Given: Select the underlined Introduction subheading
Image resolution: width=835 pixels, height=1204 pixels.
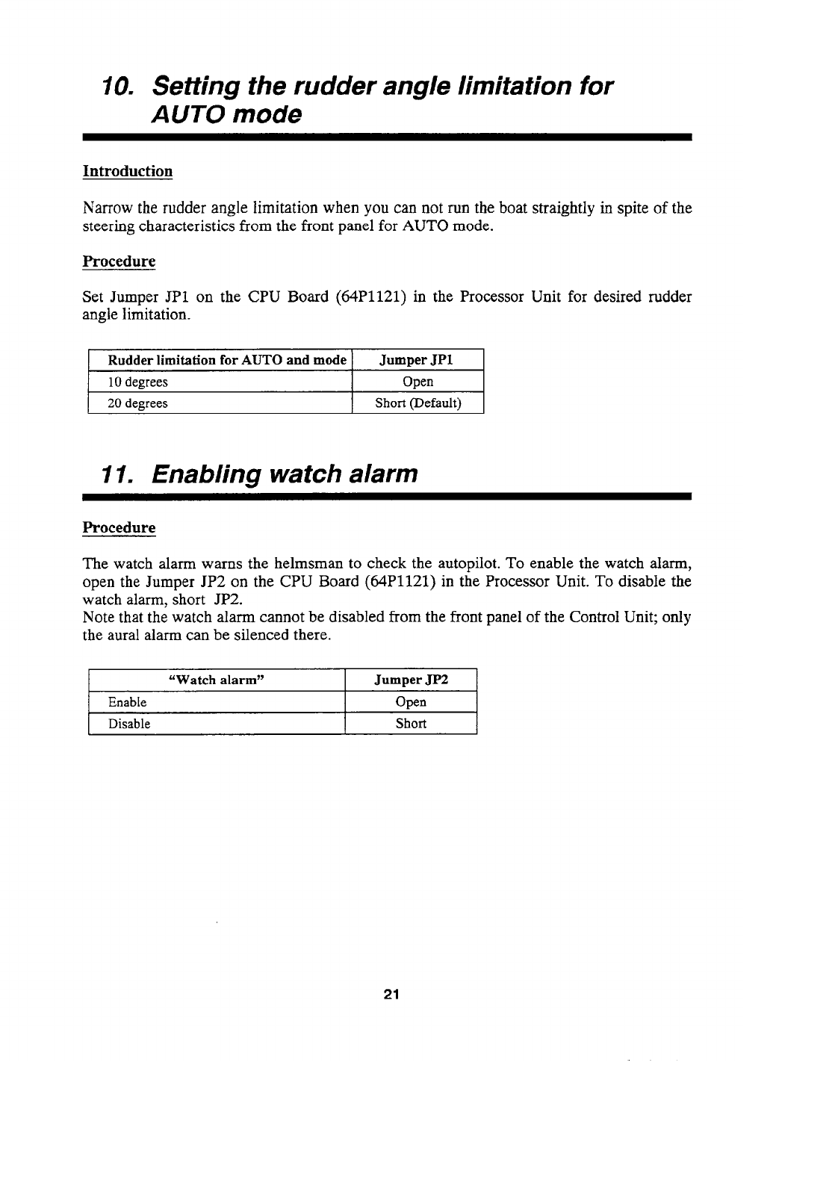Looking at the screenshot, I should pyautogui.click(x=128, y=172).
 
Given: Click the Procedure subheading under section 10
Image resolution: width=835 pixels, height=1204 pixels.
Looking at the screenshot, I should pyautogui.click(x=119, y=262).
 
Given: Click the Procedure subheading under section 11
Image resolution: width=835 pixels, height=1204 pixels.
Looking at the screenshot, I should pyautogui.click(x=119, y=528).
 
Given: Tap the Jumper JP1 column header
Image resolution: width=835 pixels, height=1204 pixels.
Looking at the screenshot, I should pyautogui.click(x=417, y=360).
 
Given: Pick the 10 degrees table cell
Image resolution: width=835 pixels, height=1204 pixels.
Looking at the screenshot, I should pyautogui.click(x=137, y=382).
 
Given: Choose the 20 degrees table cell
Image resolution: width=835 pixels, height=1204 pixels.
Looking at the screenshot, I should pyautogui.click(x=137, y=404).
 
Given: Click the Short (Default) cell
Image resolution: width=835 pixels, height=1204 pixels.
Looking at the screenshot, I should pyautogui.click(x=417, y=404).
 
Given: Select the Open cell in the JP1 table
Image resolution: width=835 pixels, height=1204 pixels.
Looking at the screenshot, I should pyautogui.click(x=417, y=382).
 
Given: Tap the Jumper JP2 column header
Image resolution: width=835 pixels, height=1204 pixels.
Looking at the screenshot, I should pyautogui.click(x=411, y=680).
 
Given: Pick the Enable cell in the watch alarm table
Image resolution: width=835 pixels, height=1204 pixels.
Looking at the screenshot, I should pyautogui.click(x=128, y=702).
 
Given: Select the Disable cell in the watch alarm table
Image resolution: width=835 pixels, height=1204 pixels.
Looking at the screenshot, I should pyautogui.click(x=129, y=724).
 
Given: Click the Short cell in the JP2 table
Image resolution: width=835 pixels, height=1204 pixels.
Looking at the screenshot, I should pyautogui.click(x=411, y=724).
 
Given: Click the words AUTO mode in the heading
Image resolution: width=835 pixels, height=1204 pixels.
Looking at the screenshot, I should pyautogui.click(x=228, y=116).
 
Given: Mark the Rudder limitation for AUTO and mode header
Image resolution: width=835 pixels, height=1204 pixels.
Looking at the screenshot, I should pyautogui.click(x=228, y=360).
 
